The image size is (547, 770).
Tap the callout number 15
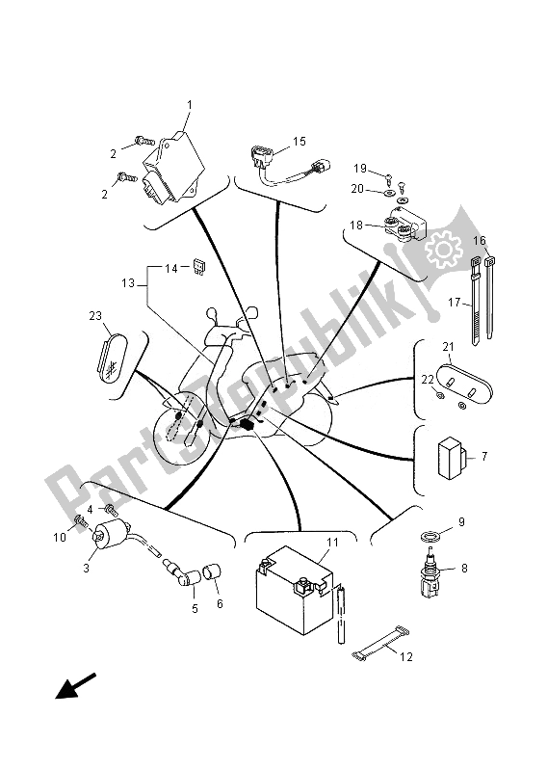299,142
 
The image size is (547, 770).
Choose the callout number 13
127,284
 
